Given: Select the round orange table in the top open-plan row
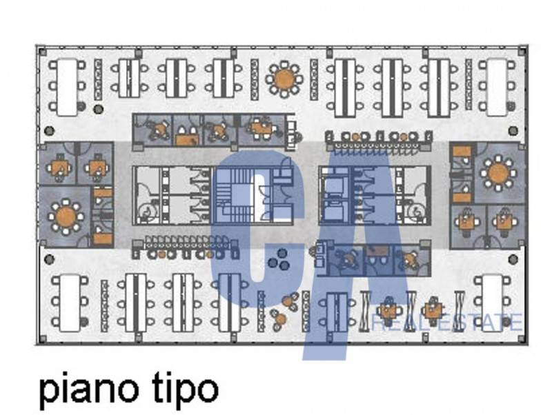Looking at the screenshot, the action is tap(284, 79).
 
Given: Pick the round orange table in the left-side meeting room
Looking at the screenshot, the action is tap(66, 216).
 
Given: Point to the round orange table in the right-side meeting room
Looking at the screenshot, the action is tap(498, 174).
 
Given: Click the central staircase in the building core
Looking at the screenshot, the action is tap(233, 196).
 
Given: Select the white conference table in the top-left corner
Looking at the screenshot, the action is tap(67, 87).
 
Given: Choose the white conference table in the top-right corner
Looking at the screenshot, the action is tap(497, 87).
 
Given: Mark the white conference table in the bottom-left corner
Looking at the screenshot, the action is tap(70, 303).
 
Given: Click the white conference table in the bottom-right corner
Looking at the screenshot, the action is tap(492, 303).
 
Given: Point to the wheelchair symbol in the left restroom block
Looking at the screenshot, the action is tap(145, 212).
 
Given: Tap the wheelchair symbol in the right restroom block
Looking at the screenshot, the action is tap(417, 212).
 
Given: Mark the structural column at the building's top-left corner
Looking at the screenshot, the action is tap(42, 52).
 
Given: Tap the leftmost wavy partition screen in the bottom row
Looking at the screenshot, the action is tap(365, 311).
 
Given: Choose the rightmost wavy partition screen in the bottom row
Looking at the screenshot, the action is tap(459, 311).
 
